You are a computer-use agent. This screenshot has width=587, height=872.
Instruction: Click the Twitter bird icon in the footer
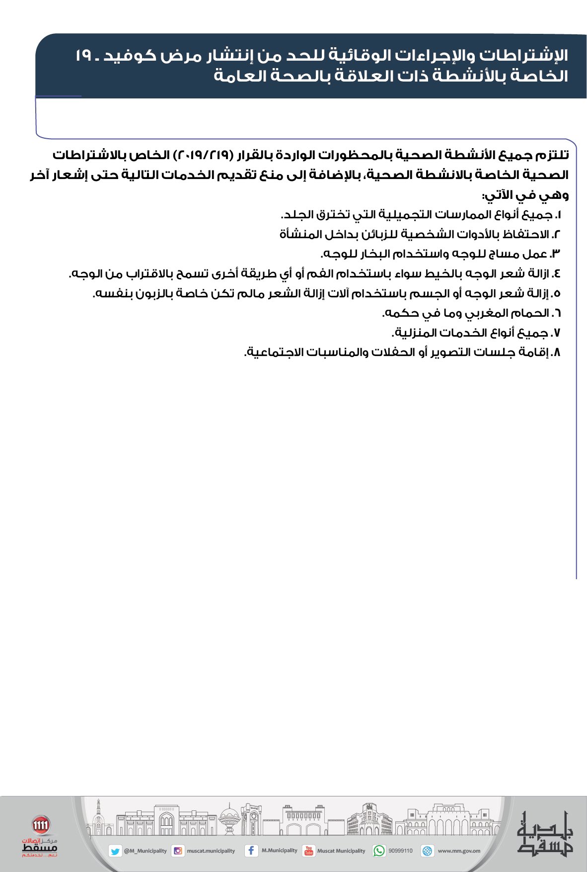[115, 851]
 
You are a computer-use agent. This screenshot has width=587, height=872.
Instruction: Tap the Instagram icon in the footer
[177, 851]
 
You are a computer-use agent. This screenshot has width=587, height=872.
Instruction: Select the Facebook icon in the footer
[251, 851]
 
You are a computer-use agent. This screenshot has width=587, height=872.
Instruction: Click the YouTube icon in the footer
[308, 851]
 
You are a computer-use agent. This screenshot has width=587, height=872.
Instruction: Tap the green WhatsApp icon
[379, 851]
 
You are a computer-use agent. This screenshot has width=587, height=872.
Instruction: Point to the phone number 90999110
[400, 851]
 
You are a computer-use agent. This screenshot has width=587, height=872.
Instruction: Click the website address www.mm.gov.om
[459, 851]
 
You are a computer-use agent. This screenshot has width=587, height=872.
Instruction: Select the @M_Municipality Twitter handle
[145, 851]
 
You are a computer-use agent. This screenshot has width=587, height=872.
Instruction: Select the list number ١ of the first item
[558, 215]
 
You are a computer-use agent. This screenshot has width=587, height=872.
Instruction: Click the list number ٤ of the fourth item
[557, 273]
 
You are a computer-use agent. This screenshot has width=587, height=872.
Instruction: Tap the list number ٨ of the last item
[557, 352]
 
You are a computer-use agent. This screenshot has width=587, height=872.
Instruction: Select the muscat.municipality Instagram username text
[211, 851]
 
